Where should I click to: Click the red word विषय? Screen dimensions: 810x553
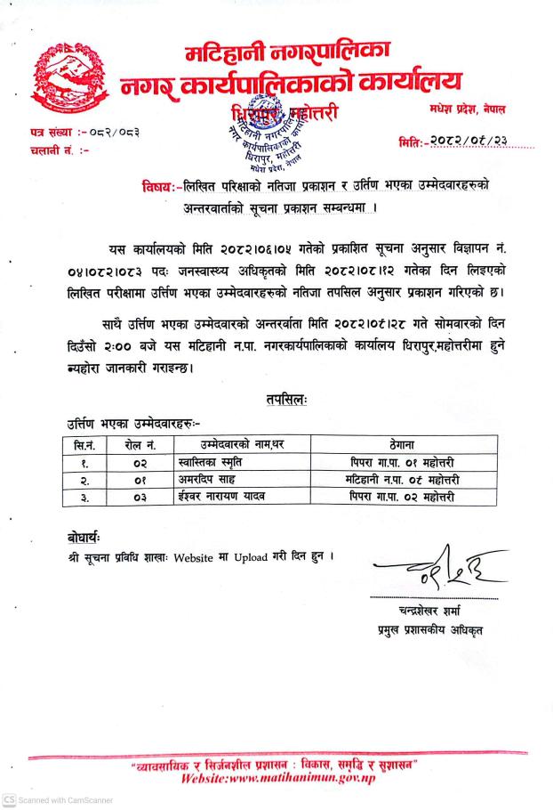tap(157, 187)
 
